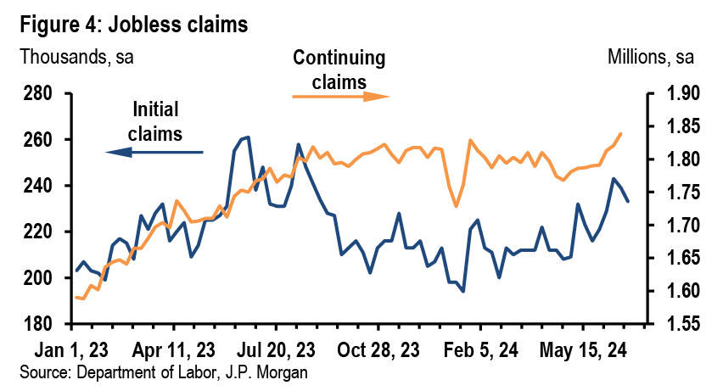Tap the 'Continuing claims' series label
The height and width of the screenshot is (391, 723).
point(339,70)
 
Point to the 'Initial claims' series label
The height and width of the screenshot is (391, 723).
point(157,121)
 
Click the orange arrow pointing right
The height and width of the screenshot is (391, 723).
point(340,96)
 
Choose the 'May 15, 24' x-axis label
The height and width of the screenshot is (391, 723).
point(584,349)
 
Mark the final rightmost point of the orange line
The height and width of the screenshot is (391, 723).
point(621,133)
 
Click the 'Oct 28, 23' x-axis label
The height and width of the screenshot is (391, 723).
point(378,349)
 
